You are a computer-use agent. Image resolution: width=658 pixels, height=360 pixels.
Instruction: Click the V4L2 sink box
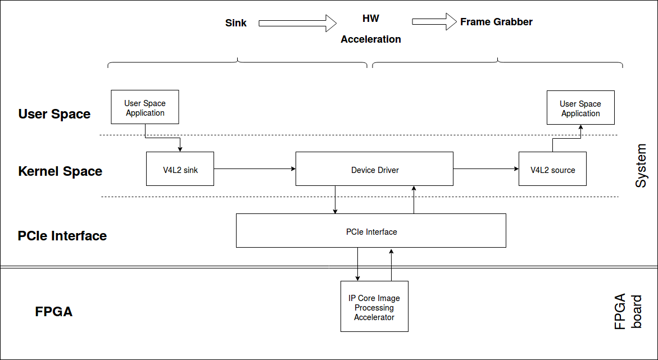pos(180,168)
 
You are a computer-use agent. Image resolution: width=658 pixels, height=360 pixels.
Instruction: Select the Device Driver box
pos(374,168)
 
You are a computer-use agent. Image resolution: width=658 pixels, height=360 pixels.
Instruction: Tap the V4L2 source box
pos(553,168)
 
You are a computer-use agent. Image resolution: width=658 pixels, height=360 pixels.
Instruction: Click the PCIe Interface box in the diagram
pos(371,230)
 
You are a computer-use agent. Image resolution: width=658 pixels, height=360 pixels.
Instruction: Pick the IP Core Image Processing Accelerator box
pos(374,306)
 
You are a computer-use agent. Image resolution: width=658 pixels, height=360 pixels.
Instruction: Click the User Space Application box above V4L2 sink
pos(145,107)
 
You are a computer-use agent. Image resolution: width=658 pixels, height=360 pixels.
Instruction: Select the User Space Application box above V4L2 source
pos(581,107)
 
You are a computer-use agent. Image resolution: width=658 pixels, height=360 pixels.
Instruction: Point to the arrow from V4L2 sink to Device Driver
pos(255,168)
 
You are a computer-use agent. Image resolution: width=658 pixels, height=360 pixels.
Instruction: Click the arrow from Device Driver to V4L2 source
pos(486,168)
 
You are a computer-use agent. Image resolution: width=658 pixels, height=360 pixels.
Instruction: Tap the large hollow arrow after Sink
pos(297,23)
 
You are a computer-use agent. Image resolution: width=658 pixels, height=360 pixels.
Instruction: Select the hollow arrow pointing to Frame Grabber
pos(434,21)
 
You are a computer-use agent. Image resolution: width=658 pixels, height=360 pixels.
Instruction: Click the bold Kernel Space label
pos(60,171)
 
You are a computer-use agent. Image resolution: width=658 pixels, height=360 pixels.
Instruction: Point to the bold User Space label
pos(54,114)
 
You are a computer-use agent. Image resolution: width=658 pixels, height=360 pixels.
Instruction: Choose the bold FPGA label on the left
pos(54,312)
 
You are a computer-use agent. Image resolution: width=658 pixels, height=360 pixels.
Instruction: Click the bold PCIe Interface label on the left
pos(62,236)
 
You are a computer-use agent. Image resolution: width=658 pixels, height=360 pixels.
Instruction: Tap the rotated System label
pos(641,166)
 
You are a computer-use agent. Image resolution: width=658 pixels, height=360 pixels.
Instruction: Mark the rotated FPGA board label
pos(628,311)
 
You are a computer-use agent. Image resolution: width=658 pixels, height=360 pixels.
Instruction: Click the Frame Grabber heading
pos(496,22)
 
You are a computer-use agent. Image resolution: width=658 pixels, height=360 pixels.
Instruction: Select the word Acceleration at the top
pos(371,39)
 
